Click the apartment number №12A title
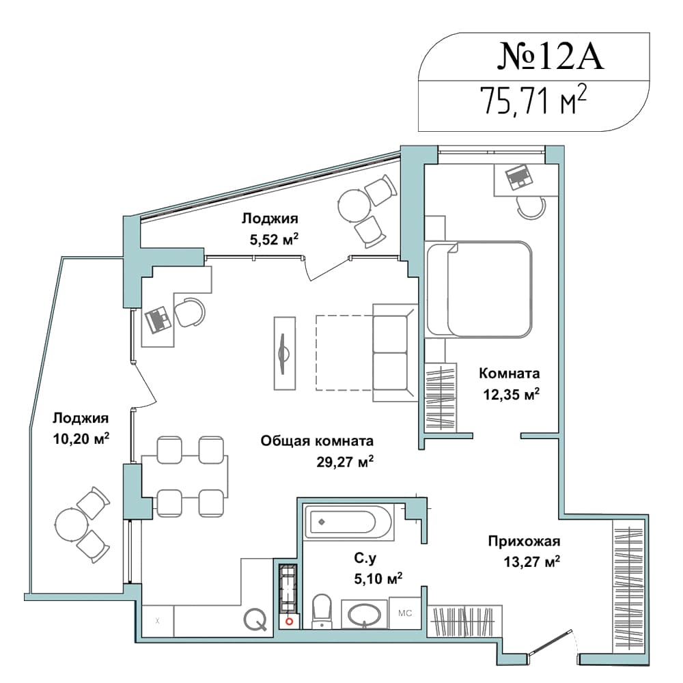(550, 57)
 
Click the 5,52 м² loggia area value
(274, 238)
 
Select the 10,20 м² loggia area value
(81, 438)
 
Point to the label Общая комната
(317, 441)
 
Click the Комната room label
(510, 373)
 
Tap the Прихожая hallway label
(524, 541)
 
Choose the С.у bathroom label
(365, 557)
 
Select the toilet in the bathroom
(322, 611)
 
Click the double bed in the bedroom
(479, 289)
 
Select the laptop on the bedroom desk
(519, 177)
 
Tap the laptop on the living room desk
(158, 319)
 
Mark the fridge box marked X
(158, 621)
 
